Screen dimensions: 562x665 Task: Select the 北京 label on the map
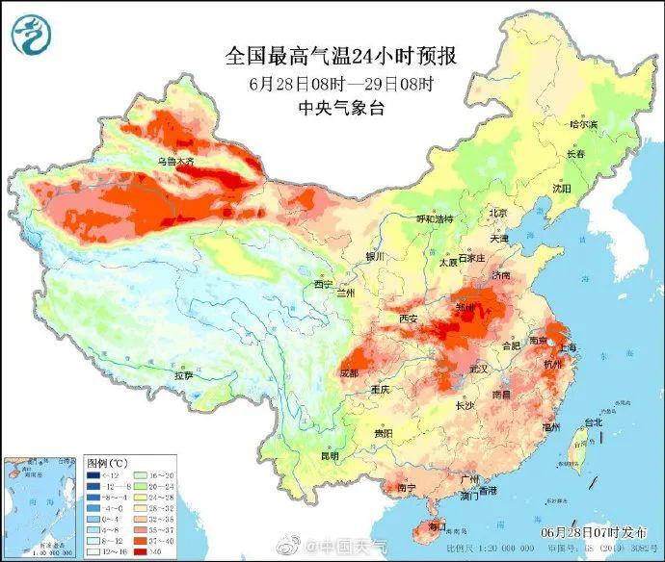[497, 213]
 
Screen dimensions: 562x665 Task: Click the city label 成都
[350, 372]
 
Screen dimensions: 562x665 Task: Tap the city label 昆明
[330, 454]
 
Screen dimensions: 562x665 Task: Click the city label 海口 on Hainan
[438, 528]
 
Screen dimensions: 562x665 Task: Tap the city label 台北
[593, 421]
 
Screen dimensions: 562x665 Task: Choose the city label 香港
[488, 491]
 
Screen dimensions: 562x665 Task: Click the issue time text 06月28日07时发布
[596, 532]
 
